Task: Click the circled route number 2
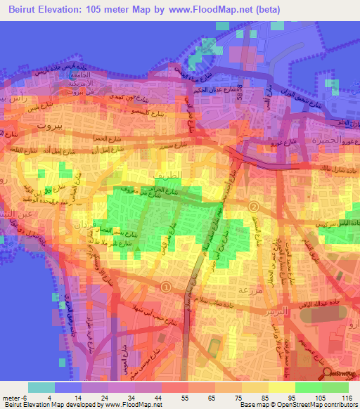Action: tap(254, 207)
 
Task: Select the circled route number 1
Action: tap(166, 287)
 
